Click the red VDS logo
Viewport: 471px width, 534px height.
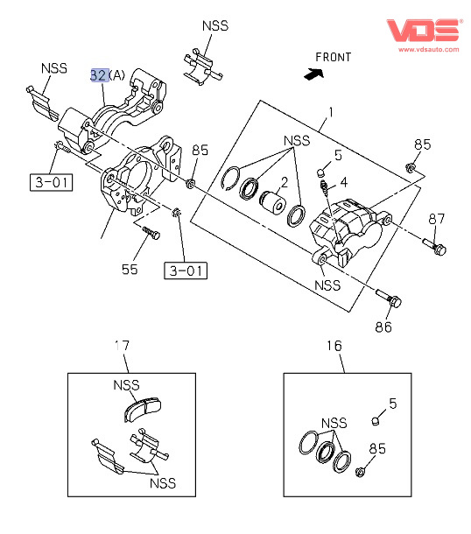pos(424,30)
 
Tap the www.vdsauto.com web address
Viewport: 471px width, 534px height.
pos(429,49)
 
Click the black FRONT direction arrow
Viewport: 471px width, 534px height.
pos(313,74)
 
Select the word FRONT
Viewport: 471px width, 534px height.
pos(333,57)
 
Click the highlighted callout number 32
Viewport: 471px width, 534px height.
pos(100,75)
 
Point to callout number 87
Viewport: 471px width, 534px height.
pos(436,219)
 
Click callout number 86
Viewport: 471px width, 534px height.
pos(383,327)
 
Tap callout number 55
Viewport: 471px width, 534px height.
pos(130,270)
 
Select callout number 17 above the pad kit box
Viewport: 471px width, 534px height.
pos(122,346)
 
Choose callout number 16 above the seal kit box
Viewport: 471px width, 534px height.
pos(334,346)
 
